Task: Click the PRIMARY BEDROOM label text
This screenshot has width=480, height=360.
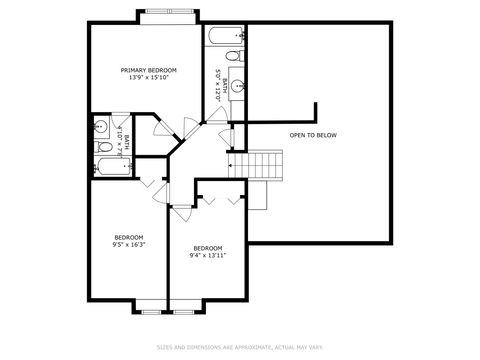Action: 149,70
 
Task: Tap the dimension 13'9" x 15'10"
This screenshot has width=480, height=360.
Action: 149,78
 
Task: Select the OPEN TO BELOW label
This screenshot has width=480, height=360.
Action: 313,135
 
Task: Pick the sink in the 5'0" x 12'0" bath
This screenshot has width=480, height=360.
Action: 238,84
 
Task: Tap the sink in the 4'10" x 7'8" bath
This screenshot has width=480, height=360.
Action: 101,128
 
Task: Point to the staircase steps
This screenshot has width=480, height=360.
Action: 263,162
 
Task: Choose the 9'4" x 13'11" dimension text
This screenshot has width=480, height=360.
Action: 207,255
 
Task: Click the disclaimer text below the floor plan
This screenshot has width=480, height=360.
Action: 239,347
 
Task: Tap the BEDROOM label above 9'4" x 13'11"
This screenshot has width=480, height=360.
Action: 207,247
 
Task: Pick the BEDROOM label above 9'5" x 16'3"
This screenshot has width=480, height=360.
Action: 128,237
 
